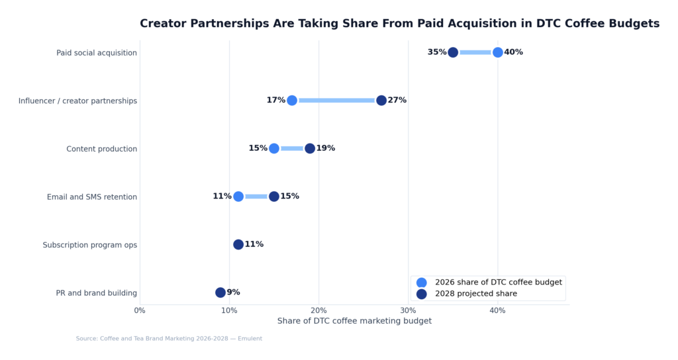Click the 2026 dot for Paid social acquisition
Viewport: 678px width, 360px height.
pos(497,52)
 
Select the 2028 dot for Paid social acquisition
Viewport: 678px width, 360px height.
pos(453,52)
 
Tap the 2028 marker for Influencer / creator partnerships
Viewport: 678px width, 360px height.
pos(381,101)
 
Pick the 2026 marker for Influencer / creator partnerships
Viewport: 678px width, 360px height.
pos(292,101)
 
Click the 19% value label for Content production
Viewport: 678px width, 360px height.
pos(326,148)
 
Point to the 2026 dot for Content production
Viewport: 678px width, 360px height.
pos(274,148)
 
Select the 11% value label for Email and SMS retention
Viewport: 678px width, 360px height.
pos(222,197)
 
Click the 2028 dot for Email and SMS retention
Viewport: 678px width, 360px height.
pos(274,197)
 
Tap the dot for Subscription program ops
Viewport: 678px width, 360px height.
pos(238,244)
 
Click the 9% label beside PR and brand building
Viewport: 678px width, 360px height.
pos(234,292)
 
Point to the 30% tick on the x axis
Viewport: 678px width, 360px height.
pos(408,310)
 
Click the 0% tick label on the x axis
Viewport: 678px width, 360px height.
pos(140,310)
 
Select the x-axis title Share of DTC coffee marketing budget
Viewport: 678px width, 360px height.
pos(354,321)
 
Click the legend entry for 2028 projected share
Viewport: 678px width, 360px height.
pos(475,294)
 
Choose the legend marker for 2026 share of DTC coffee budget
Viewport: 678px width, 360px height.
pos(422,282)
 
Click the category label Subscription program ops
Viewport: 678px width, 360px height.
pos(90,245)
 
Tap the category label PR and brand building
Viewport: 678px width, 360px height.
pos(97,293)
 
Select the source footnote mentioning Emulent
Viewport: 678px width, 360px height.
pos(169,339)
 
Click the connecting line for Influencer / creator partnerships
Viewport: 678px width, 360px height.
pos(336,101)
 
